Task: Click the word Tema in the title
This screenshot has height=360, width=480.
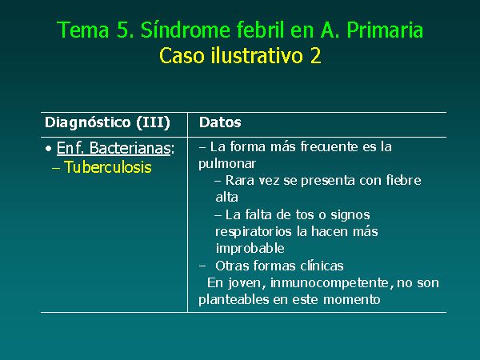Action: tap(83, 30)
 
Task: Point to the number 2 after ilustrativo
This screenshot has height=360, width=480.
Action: tap(316, 56)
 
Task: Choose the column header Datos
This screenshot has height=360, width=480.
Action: tap(220, 122)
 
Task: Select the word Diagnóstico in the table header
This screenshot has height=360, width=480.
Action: tap(88, 122)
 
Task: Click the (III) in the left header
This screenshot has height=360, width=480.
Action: tap(153, 122)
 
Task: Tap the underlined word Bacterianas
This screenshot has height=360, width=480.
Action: tap(130, 148)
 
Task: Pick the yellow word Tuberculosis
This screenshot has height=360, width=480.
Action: tap(108, 167)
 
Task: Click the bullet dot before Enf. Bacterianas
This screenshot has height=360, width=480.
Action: tap(48, 149)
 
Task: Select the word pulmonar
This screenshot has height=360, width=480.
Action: tap(227, 164)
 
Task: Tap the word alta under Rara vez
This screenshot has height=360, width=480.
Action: tap(227, 197)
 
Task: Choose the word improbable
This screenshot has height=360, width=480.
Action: tap(250, 248)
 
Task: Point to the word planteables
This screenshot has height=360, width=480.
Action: tap(234, 299)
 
